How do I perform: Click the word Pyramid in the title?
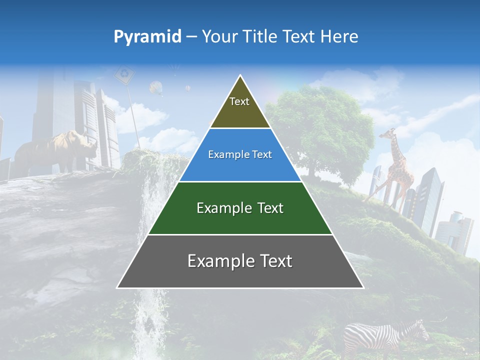147,37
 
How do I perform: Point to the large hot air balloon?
156,88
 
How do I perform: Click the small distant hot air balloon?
188,88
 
